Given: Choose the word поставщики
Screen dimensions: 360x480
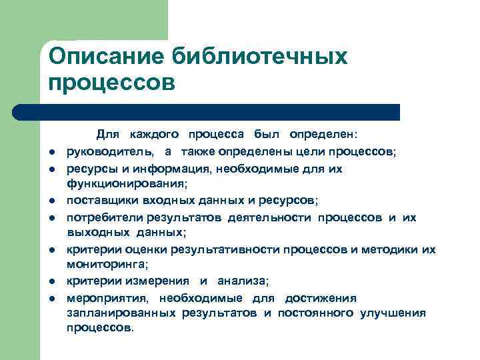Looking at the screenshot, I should click(x=102, y=200).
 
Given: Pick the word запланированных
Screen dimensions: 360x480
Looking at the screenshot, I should click(x=121, y=313).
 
